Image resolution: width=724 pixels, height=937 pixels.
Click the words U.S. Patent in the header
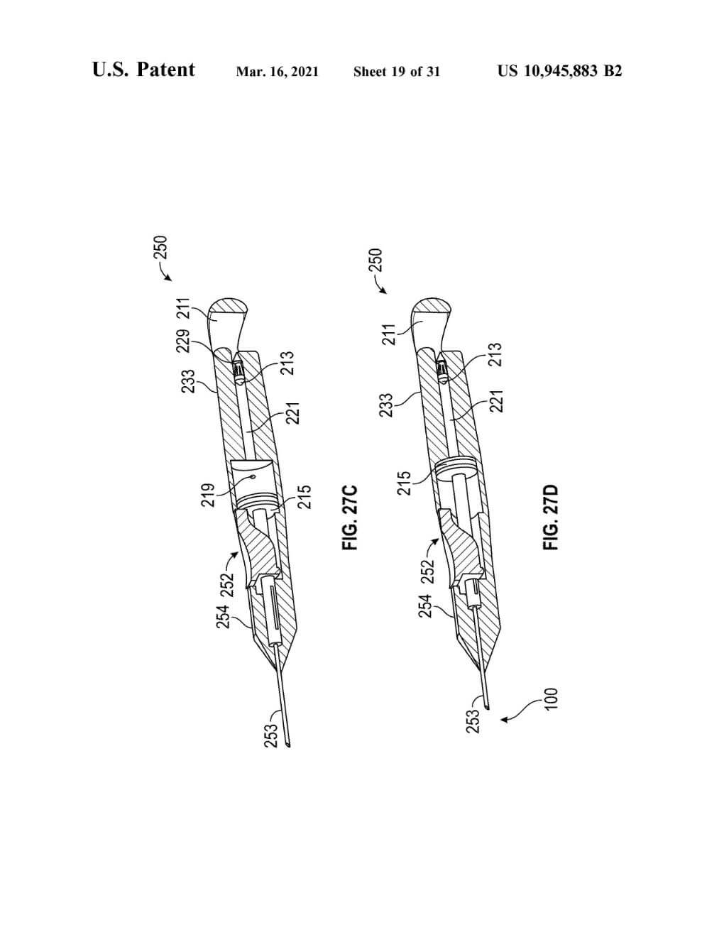click(143, 70)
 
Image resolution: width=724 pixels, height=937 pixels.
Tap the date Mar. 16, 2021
click(278, 72)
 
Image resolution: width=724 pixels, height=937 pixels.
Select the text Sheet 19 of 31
click(397, 72)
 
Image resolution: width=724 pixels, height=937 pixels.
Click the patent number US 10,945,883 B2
click(560, 71)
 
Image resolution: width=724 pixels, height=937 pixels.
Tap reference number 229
click(184, 341)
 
